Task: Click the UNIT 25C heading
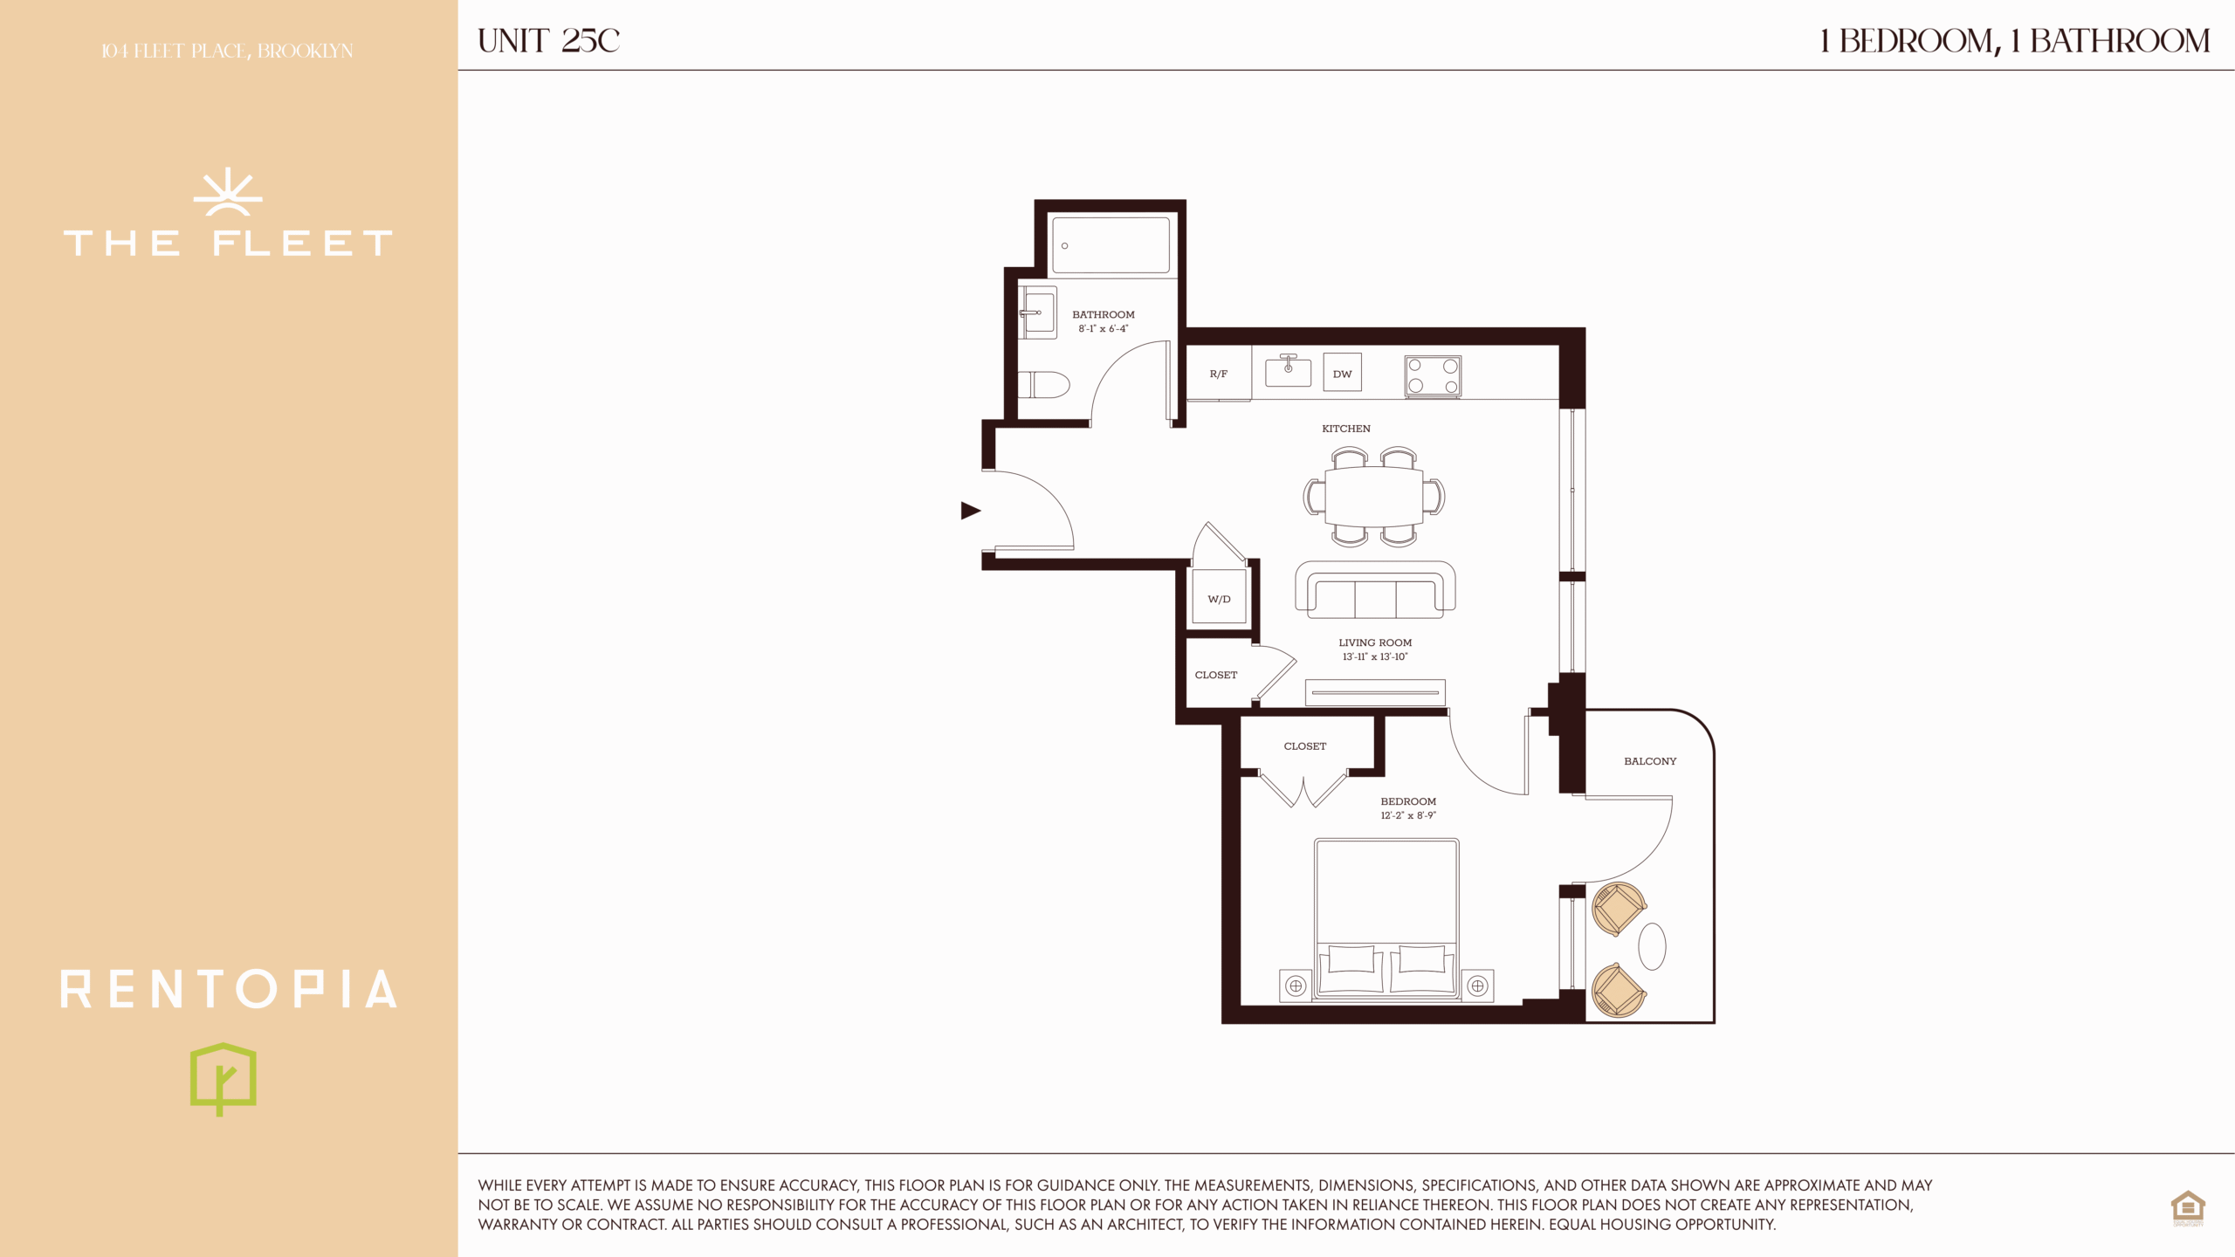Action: (x=548, y=41)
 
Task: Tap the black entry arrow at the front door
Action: (x=970, y=511)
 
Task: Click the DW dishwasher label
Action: (x=1342, y=374)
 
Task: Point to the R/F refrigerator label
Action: (x=1218, y=374)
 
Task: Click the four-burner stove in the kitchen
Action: (x=1433, y=376)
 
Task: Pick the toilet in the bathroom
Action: (x=1044, y=384)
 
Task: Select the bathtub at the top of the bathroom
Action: (x=1111, y=245)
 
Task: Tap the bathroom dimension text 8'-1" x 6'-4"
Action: (x=1104, y=329)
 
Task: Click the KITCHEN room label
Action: (x=1345, y=429)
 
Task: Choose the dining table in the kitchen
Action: (x=1374, y=496)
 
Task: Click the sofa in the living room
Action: (x=1375, y=590)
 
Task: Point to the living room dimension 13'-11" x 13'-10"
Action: (x=1375, y=657)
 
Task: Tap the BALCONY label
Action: (x=1650, y=761)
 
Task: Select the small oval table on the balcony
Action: (x=1652, y=946)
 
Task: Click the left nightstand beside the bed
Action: (x=1296, y=986)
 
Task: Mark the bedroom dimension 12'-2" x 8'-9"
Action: (x=1407, y=816)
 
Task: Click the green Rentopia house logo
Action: (x=223, y=1079)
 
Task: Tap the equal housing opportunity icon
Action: (x=2188, y=1208)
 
